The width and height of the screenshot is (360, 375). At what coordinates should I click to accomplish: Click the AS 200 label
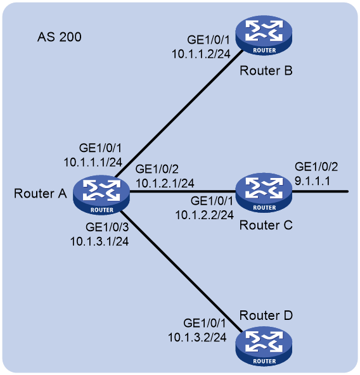[60, 37]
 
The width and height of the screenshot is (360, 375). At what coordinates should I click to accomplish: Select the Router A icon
[101, 195]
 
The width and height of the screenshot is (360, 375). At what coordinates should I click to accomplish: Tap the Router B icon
[264, 35]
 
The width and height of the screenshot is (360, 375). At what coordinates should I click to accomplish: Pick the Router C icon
[264, 193]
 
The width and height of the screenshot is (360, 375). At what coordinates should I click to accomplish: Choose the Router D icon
[264, 346]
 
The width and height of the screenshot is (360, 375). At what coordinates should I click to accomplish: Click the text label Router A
[40, 193]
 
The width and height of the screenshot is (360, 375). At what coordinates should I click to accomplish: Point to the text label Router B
[266, 70]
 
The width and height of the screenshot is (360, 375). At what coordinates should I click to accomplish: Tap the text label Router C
[266, 226]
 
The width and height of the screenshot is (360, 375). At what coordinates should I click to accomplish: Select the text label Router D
[266, 315]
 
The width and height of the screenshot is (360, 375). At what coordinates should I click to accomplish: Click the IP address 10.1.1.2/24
[201, 54]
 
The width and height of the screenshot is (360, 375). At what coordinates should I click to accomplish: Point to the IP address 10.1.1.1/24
[93, 162]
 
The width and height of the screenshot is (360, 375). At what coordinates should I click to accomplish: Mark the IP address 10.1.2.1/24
[165, 183]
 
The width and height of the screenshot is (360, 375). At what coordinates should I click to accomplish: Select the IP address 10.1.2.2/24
[205, 215]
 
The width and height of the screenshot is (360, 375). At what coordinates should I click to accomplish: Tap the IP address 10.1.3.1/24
[100, 241]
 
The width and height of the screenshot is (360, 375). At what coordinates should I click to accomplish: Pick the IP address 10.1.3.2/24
[197, 338]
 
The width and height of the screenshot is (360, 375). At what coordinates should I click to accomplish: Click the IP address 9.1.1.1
[312, 181]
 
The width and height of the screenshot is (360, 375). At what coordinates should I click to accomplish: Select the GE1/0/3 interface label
[107, 227]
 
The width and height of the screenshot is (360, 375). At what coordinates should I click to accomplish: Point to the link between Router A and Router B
[179, 114]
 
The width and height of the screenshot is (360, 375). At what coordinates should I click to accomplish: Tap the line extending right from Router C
[320, 191]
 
